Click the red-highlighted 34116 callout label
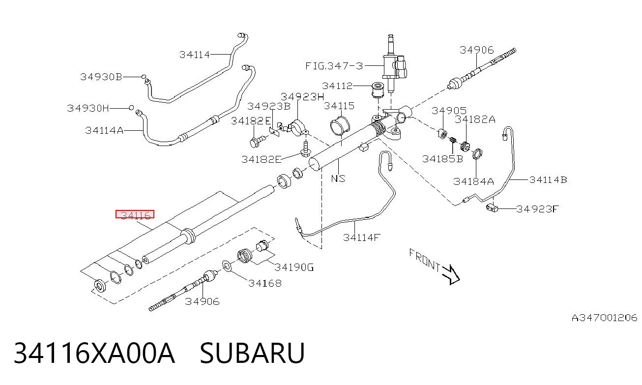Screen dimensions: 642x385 [x=135, y=214]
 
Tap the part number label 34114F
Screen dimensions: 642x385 [x=362, y=237]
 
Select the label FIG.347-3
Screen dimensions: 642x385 [x=334, y=66]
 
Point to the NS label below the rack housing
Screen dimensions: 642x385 [x=338, y=178]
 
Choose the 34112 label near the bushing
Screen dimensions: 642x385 [x=337, y=86]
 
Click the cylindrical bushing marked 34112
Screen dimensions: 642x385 [x=378, y=89]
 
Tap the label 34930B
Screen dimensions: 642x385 [x=101, y=77]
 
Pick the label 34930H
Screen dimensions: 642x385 [x=88, y=108]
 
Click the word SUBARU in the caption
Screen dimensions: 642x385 [x=252, y=353]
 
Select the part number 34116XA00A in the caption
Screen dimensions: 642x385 [x=94, y=353]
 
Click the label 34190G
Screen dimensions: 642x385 [x=294, y=267]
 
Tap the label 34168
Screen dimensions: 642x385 [x=265, y=283]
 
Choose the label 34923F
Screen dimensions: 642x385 [x=537, y=209]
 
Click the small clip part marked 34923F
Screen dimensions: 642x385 [x=492, y=207]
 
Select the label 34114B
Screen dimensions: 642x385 [x=548, y=180]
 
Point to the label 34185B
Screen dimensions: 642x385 [x=443, y=159]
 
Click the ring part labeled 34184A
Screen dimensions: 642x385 [x=477, y=154]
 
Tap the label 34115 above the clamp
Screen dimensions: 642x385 [x=339, y=106]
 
